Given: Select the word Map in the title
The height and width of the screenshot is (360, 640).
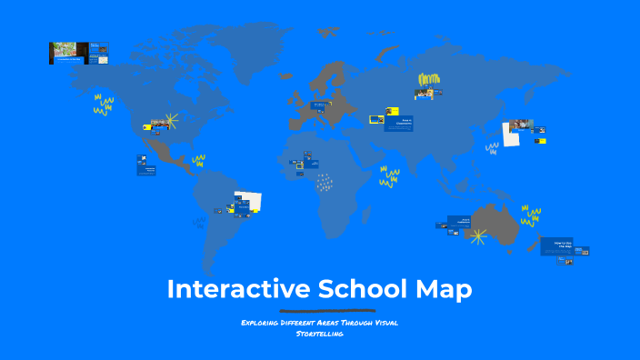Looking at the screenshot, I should pyautogui.click(x=445, y=289).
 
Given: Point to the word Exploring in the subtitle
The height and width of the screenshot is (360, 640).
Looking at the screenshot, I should pyautogui.click(x=263, y=323).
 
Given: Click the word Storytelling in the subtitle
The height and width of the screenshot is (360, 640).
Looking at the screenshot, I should pyautogui.click(x=319, y=335).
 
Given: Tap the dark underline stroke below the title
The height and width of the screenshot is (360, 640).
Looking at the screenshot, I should pyautogui.click(x=319, y=311).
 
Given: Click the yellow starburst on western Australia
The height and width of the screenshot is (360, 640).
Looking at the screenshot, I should pyautogui.click(x=476, y=235).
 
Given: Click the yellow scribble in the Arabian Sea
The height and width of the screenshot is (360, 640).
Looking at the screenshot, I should pyautogui.click(x=390, y=177).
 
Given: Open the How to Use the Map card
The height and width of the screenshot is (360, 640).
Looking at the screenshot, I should pyautogui.click(x=556, y=245).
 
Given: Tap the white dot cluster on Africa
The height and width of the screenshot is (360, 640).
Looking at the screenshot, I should pyautogui.click(x=324, y=184).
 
